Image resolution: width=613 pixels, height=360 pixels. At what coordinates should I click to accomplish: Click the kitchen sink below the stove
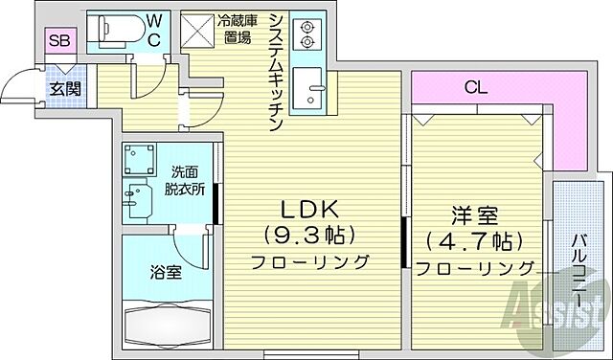[308, 87]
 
